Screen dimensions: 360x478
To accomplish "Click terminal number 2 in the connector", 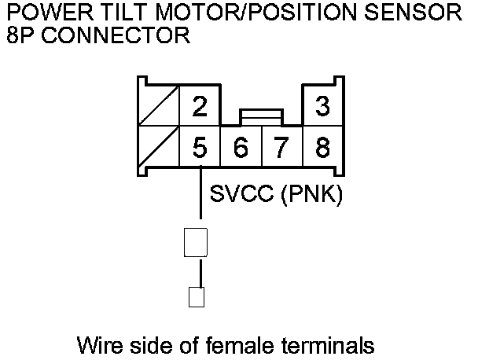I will (x=200, y=108).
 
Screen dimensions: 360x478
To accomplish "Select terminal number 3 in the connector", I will (x=322, y=108).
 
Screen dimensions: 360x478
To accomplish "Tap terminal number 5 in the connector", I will (x=200, y=146).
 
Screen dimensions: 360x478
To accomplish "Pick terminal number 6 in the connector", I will (x=241, y=146).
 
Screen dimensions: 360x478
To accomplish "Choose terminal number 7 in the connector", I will (x=281, y=146).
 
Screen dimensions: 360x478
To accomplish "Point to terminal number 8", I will (x=322, y=146).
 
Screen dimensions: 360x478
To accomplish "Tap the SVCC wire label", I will (x=240, y=194).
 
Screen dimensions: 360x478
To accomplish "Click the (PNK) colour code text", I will (x=311, y=194).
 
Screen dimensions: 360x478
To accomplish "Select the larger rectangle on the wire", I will (x=195, y=242).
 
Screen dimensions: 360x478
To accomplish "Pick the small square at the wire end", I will (x=196, y=297).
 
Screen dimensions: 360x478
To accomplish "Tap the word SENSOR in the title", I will (x=422, y=13).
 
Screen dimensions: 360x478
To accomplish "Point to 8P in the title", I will (x=19, y=35).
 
